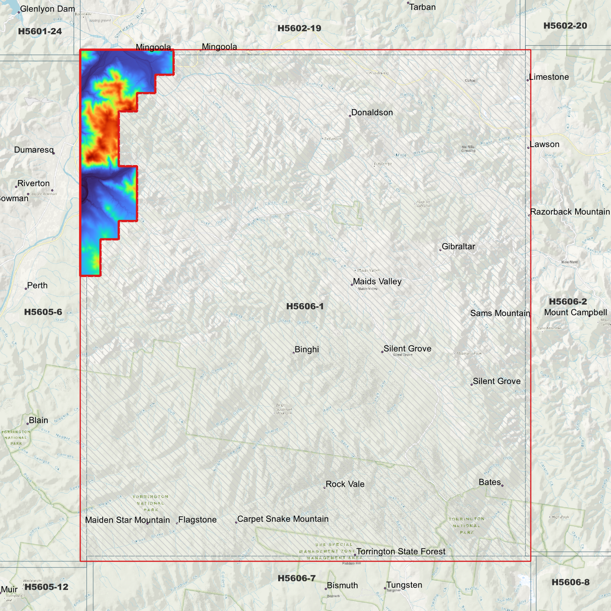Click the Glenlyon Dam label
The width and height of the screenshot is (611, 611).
tap(47, 9)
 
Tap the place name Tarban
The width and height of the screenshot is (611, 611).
tap(422, 7)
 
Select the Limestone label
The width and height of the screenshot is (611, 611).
tap(549, 77)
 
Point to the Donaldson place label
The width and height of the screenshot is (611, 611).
tap(372, 112)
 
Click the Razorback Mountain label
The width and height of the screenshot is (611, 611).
tap(570, 212)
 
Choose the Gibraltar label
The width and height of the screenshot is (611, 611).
tap(458, 247)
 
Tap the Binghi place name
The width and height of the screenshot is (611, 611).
tap(307, 350)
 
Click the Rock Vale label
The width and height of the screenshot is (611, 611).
tap(345, 484)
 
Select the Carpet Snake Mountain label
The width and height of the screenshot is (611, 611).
tap(282, 519)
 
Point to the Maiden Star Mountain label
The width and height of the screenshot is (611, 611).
tap(127, 520)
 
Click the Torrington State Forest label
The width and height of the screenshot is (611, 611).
tap(400, 551)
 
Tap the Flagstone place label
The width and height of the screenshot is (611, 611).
tap(197, 520)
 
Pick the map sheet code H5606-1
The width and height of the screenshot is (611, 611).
tap(305, 306)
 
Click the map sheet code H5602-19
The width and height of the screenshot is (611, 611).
tap(299, 28)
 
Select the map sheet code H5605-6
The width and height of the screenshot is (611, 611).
tap(43, 312)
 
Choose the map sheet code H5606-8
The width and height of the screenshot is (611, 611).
tap(570, 582)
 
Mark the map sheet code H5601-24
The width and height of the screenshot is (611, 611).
tap(40, 31)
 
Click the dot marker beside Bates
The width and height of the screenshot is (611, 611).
tap(502, 485)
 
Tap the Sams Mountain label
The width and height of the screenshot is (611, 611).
tap(500, 313)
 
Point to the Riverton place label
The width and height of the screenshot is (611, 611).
tap(33, 184)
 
